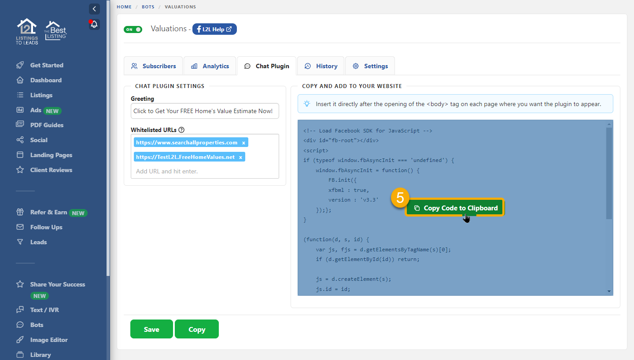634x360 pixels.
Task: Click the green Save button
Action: pyautogui.click(x=151, y=329)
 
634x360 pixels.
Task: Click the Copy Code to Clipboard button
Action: pyautogui.click(x=455, y=208)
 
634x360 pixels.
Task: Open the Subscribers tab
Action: pyautogui.click(x=153, y=66)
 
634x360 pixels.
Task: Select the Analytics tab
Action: pyautogui.click(x=210, y=66)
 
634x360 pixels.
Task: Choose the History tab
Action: pyautogui.click(x=321, y=66)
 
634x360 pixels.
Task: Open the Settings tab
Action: pyautogui.click(x=370, y=66)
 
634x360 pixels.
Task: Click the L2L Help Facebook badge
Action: pyautogui.click(x=214, y=29)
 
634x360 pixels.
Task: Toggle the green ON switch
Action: pyautogui.click(x=133, y=29)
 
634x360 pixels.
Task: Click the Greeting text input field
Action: pyautogui.click(x=205, y=111)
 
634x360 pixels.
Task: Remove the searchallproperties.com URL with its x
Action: pyautogui.click(x=243, y=143)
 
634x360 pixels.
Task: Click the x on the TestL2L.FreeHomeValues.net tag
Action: pyautogui.click(x=240, y=157)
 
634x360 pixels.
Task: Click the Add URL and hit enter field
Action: pyautogui.click(x=205, y=171)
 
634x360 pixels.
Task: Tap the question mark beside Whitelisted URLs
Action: pyautogui.click(x=181, y=130)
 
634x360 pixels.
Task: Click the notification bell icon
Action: pyautogui.click(x=94, y=25)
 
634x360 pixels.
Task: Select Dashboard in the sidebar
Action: pyautogui.click(x=46, y=80)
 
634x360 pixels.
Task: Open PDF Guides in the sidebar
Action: pyautogui.click(x=47, y=125)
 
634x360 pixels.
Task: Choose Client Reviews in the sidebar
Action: pyautogui.click(x=51, y=170)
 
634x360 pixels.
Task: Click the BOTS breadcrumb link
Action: pyautogui.click(x=148, y=7)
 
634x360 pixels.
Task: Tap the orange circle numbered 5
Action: pyautogui.click(x=400, y=198)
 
